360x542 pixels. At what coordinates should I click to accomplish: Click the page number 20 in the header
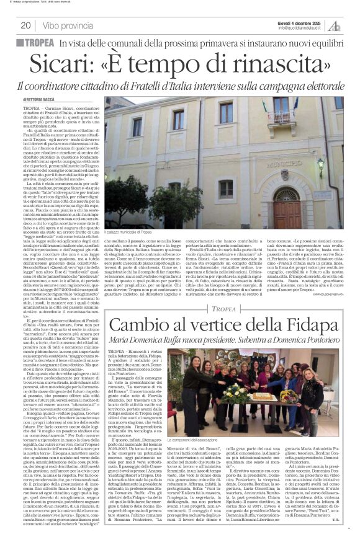(x=26, y=25)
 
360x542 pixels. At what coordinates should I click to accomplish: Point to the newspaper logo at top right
(x=335, y=25)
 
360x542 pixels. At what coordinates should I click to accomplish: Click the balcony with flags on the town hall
(x=282, y=116)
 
